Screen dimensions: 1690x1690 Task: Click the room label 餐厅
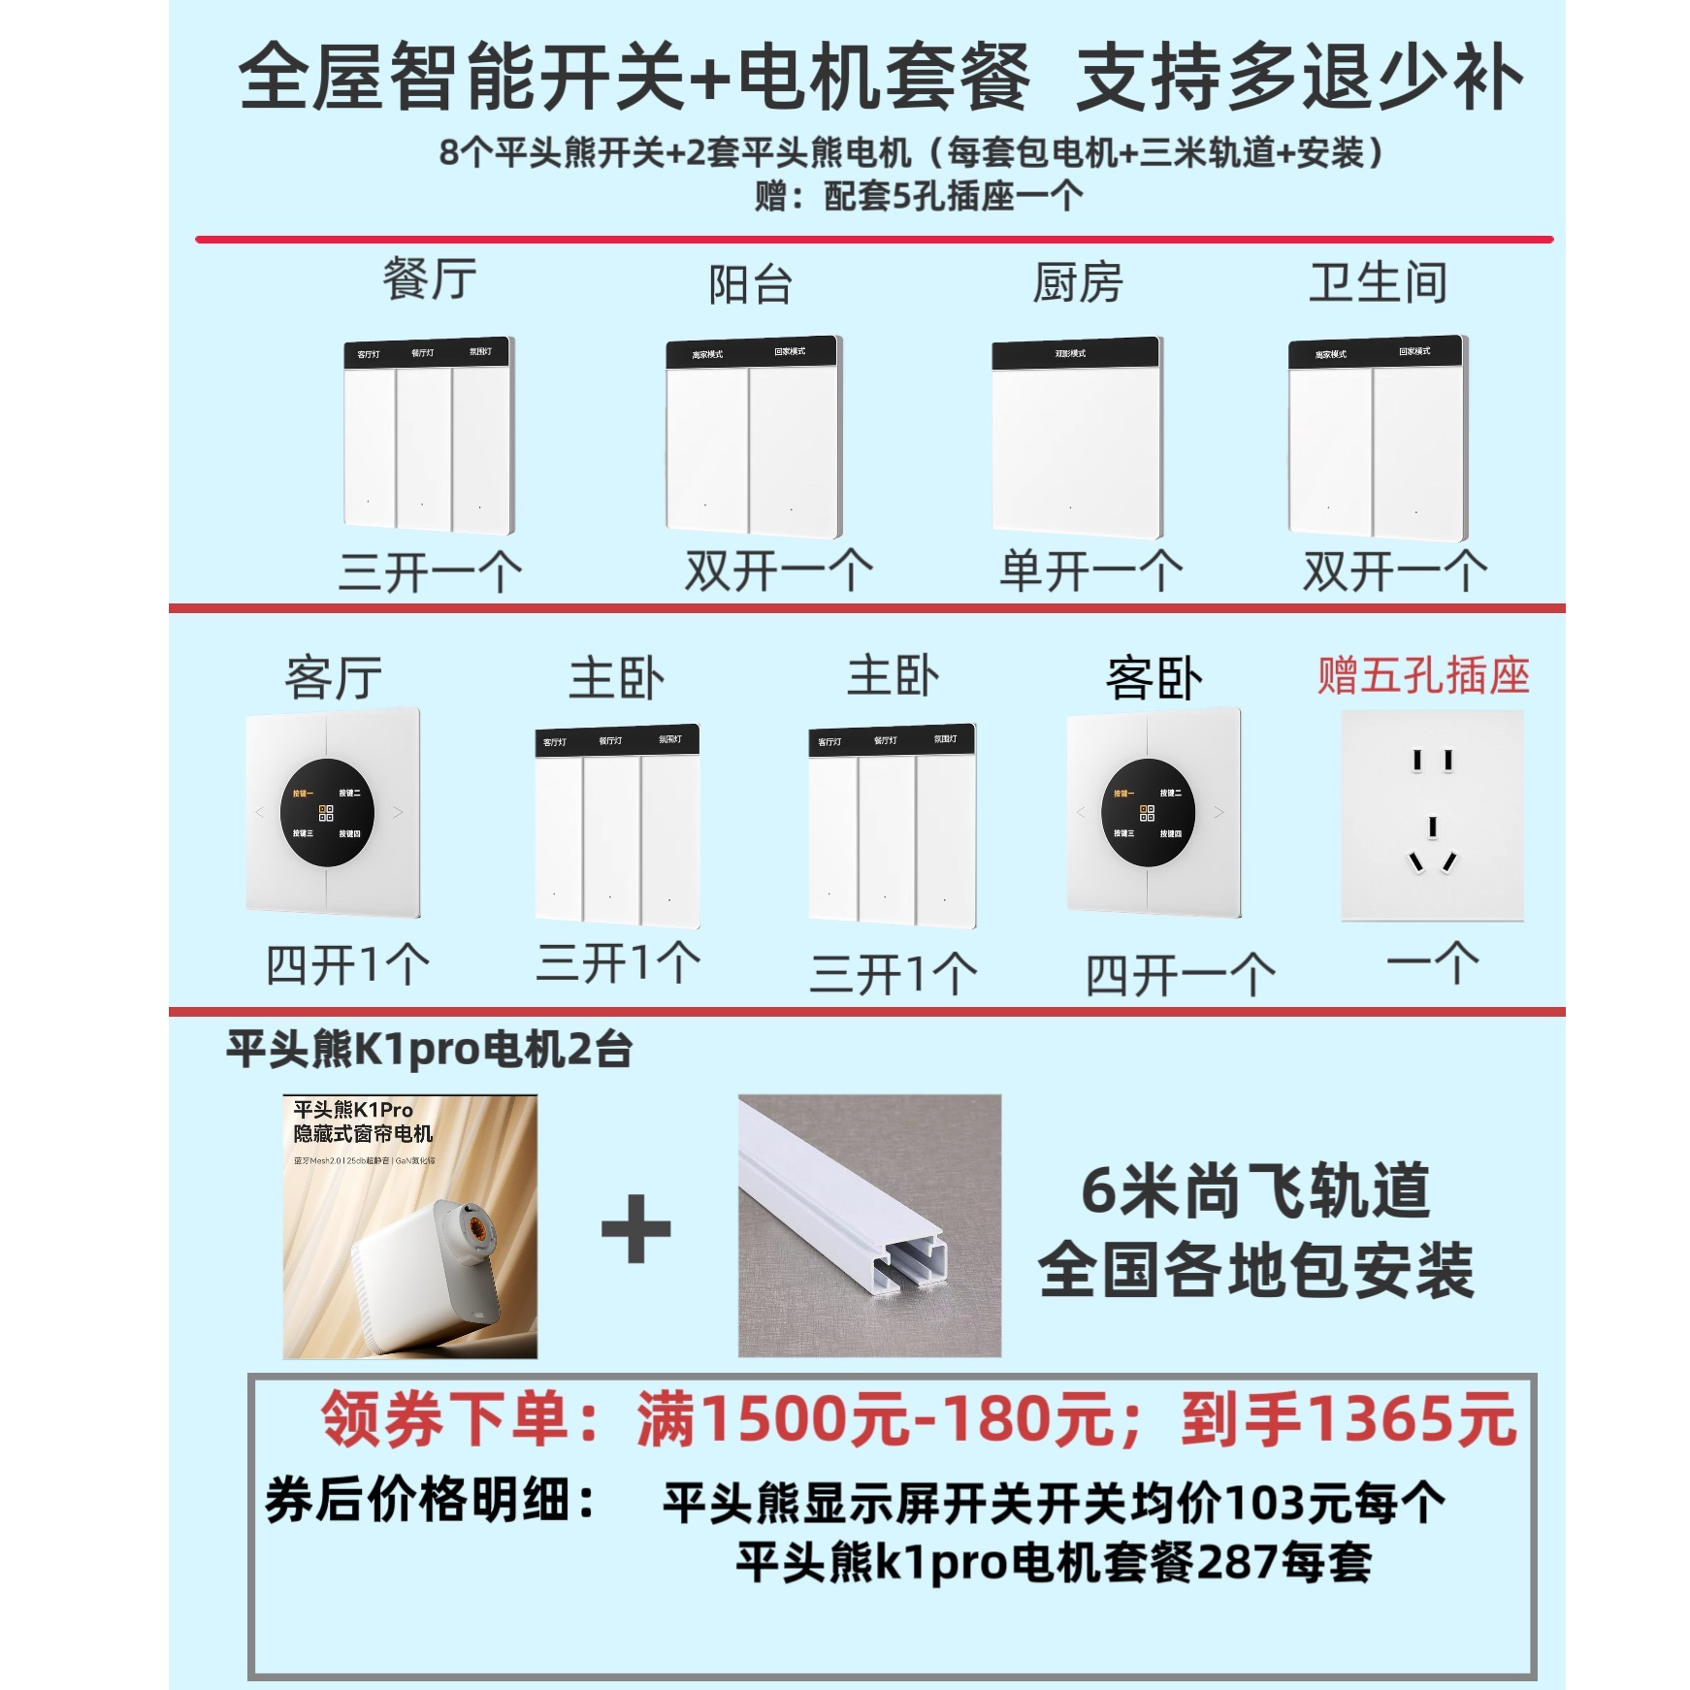[430, 280]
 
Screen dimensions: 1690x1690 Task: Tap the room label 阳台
[750, 284]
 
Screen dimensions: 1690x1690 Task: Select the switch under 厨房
[1076, 439]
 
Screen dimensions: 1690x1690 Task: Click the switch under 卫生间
[1378, 439]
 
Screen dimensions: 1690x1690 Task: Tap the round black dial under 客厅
[327, 813]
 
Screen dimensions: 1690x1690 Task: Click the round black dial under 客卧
[1148, 813]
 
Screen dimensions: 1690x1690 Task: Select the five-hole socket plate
[1432, 816]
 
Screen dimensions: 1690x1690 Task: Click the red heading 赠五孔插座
[1422, 676]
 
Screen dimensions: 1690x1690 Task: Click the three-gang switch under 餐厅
[429, 437]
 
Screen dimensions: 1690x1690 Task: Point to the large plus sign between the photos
[636, 1229]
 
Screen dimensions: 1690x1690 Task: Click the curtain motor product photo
[410, 1227]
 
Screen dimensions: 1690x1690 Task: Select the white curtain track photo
[869, 1226]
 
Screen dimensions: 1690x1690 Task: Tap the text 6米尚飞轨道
[1255, 1190]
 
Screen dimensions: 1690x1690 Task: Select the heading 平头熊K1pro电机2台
[429, 1050]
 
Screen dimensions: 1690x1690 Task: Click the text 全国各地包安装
[1255, 1271]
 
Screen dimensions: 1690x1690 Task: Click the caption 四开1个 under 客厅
[347, 965]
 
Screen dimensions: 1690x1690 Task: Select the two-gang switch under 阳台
[754, 439]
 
